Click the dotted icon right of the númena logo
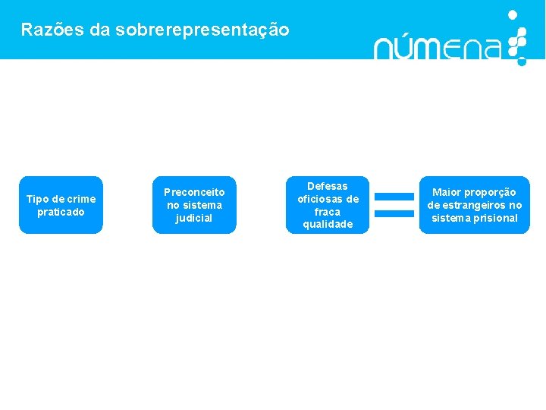tap(516, 37)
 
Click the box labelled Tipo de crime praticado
tap(61, 205)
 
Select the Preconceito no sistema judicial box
tap(194, 205)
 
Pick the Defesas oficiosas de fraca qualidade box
tap(328, 205)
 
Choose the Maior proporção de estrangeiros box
tap(474, 205)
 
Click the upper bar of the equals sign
tap(394, 197)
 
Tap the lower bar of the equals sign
tap(394, 213)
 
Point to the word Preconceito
tap(194, 192)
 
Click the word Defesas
tap(328, 186)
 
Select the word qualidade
tap(328, 225)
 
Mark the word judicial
tap(194, 219)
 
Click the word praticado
tap(61, 212)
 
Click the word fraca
tap(328, 212)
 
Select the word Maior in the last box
tap(446, 192)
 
